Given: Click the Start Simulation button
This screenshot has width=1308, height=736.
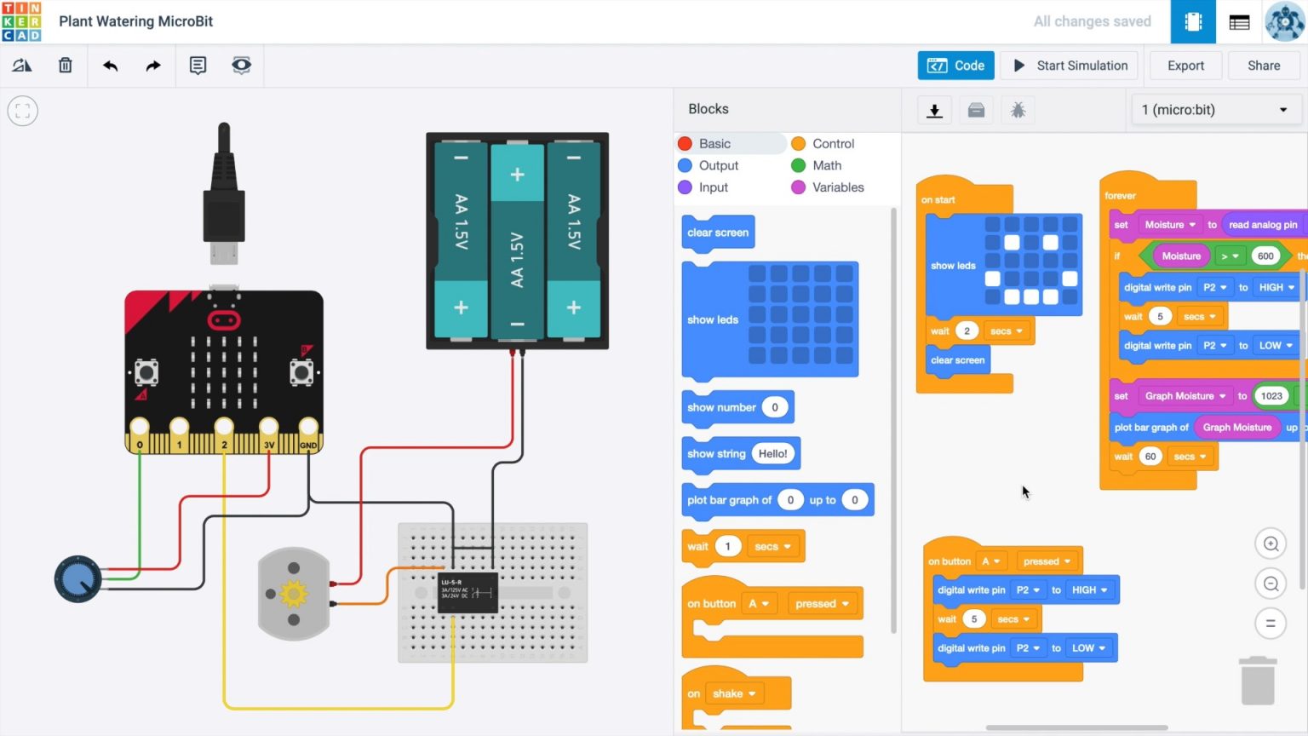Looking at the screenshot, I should point(1070,66).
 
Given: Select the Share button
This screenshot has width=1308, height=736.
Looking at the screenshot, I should point(1263,66).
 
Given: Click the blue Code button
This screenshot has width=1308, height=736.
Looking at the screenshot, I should point(955,66).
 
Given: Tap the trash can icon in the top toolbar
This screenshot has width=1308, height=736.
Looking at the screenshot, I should point(66,66).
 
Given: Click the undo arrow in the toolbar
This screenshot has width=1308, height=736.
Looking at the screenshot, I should point(110,66).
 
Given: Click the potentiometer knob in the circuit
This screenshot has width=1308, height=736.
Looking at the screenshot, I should point(77,579).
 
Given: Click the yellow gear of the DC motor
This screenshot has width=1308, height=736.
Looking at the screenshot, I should point(294,593).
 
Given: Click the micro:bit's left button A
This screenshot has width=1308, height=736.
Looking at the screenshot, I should point(146,372).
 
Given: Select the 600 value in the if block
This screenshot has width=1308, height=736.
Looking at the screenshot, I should point(1265,256).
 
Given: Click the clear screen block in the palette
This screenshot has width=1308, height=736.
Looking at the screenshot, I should point(718,233).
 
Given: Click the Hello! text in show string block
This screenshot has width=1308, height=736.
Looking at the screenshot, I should point(772,454).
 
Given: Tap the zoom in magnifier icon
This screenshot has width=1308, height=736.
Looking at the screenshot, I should point(1271,544).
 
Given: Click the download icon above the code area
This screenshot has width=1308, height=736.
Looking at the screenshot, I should point(934,111).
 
